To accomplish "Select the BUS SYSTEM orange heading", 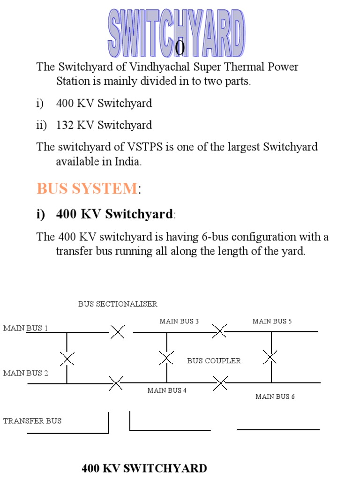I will (87, 188).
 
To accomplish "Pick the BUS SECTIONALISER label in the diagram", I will (118, 304).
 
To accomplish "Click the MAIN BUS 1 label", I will (25, 328).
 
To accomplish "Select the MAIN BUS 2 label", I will (25, 373).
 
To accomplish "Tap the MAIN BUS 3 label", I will (179, 321).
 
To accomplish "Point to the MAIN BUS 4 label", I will (167, 390).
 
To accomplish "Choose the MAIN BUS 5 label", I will (272, 321).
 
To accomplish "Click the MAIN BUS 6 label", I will (275, 397).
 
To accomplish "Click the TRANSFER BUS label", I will (32, 421).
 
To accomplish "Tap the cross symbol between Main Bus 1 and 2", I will (67, 359).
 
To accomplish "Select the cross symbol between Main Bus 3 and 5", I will (219, 331).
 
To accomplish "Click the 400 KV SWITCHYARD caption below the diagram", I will (144, 468).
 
